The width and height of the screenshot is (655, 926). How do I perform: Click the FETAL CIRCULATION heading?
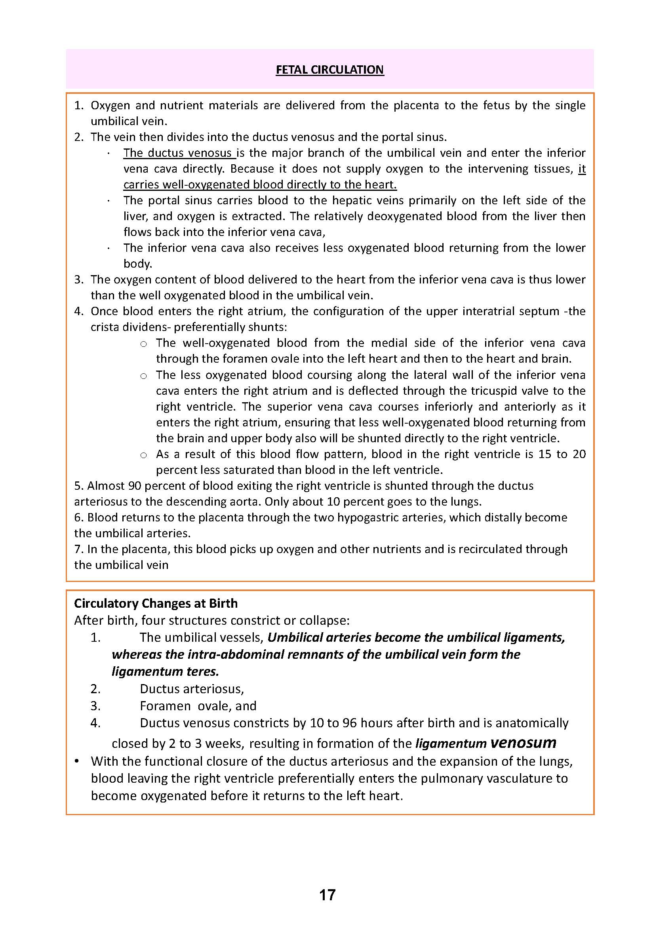click(x=329, y=70)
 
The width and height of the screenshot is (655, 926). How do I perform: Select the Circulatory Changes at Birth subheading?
click(x=156, y=603)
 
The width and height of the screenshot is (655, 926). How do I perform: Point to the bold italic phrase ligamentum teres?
click(x=166, y=671)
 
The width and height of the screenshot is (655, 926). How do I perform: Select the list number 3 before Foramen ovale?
click(x=95, y=705)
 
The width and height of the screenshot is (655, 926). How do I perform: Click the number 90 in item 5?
click(x=134, y=486)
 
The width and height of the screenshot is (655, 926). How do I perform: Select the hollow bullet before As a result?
click(x=143, y=455)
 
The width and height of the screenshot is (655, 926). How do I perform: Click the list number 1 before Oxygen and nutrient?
click(x=79, y=106)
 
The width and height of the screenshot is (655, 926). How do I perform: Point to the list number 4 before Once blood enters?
click(x=79, y=311)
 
